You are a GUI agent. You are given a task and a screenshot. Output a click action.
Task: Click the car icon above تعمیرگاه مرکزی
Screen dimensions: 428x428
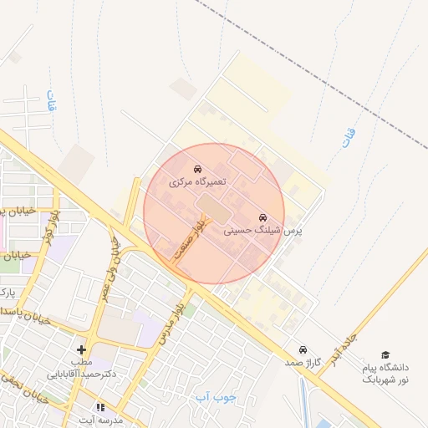[x=197, y=169]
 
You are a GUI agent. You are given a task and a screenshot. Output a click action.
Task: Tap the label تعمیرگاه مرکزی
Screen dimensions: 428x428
[x=198, y=181]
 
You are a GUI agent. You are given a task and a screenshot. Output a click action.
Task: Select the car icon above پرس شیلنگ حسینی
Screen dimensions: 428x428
[x=262, y=216]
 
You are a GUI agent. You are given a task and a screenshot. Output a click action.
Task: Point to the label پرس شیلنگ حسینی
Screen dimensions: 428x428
[x=263, y=228]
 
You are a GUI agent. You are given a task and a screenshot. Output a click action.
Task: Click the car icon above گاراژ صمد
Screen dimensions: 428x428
[x=303, y=349]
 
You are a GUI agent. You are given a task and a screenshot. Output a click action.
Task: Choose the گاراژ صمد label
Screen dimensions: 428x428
[x=303, y=362]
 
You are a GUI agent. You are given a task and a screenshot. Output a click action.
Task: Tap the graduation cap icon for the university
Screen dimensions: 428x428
[x=385, y=355]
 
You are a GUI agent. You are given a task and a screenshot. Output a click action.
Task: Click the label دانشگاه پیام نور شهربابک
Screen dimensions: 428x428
[x=385, y=373]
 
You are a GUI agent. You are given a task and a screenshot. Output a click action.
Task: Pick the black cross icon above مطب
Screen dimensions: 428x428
[x=81, y=349]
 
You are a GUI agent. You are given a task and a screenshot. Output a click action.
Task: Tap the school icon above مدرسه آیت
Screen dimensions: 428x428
[x=100, y=407]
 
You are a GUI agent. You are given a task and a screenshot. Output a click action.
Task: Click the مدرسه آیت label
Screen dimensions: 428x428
[x=100, y=419]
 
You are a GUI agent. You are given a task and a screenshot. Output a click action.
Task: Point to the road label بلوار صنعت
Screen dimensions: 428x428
[x=187, y=242]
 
